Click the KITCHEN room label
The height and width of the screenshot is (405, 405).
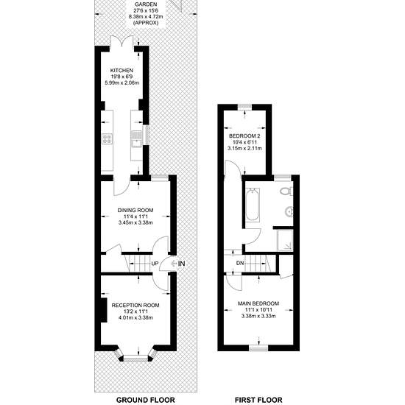tap(121, 70)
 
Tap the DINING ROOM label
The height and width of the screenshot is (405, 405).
tap(135, 211)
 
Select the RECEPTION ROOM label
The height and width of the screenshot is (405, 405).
tap(135, 306)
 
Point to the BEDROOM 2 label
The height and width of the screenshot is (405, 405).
tap(244, 136)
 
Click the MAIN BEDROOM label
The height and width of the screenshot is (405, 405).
tap(258, 303)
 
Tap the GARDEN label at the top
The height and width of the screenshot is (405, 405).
tap(146, 4)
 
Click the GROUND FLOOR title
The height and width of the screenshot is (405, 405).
tap(146, 400)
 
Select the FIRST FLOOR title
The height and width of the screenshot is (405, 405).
tap(258, 400)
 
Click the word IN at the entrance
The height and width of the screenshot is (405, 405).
tap(182, 264)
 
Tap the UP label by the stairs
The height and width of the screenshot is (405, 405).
tap(155, 264)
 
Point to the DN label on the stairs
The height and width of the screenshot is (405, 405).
tap(240, 263)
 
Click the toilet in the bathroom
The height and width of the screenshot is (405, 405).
tap(286, 191)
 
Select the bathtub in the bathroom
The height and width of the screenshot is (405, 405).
tap(253, 205)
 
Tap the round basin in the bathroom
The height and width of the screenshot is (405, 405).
tap(289, 212)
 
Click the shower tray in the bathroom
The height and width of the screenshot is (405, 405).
tap(285, 240)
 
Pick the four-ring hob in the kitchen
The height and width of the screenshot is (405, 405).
tap(107, 138)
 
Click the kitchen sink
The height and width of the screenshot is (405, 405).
tap(135, 138)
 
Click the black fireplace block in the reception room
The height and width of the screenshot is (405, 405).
tap(104, 310)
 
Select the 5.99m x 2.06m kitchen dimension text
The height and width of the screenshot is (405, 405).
tap(121, 83)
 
